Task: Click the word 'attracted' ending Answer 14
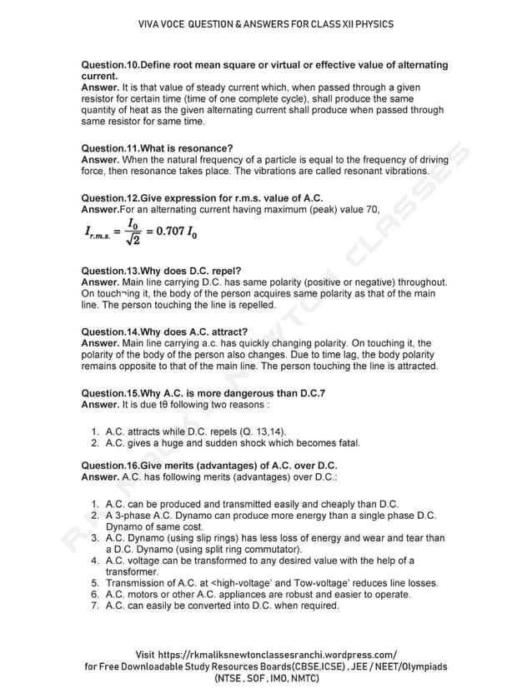coord(414,366)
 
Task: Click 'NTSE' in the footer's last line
coord(229,679)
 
